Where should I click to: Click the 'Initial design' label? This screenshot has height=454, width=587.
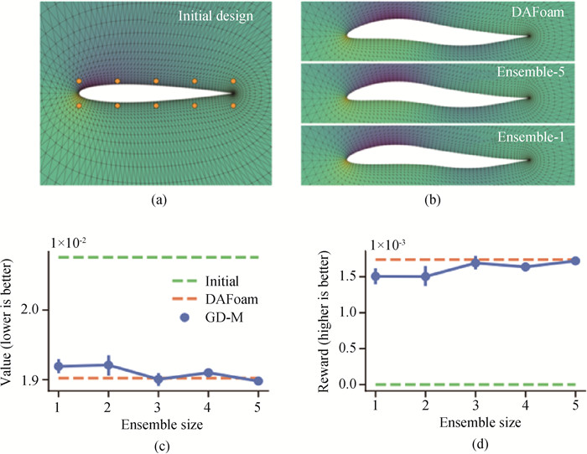pos(216,16)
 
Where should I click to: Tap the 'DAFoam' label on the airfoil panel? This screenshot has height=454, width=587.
pos(538,13)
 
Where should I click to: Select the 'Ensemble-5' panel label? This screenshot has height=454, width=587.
pos(531,71)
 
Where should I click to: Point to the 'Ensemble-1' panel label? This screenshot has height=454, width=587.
pos(531,137)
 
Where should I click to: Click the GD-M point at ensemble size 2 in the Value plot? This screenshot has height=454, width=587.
pos(108,365)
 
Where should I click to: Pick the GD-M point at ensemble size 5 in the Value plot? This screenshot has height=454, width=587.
pos(258,381)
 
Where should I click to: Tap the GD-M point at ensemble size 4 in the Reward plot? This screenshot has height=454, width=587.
pos(525,266)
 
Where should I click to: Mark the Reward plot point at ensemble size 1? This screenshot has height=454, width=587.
pos(376,276)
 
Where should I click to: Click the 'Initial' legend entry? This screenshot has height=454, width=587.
pos(205,281)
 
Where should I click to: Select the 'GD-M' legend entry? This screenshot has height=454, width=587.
pos(211,317)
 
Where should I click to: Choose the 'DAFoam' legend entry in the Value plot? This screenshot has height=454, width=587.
pos(215,299)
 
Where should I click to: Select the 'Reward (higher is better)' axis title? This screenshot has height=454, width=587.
pos(324,322)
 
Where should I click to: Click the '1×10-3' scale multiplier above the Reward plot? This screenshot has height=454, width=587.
pos(388,245)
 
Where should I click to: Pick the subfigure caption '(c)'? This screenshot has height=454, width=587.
pos(162,446)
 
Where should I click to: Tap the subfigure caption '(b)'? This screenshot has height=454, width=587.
pos(434,200)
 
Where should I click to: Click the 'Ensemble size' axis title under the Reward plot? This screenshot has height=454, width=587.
pos(481,422)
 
